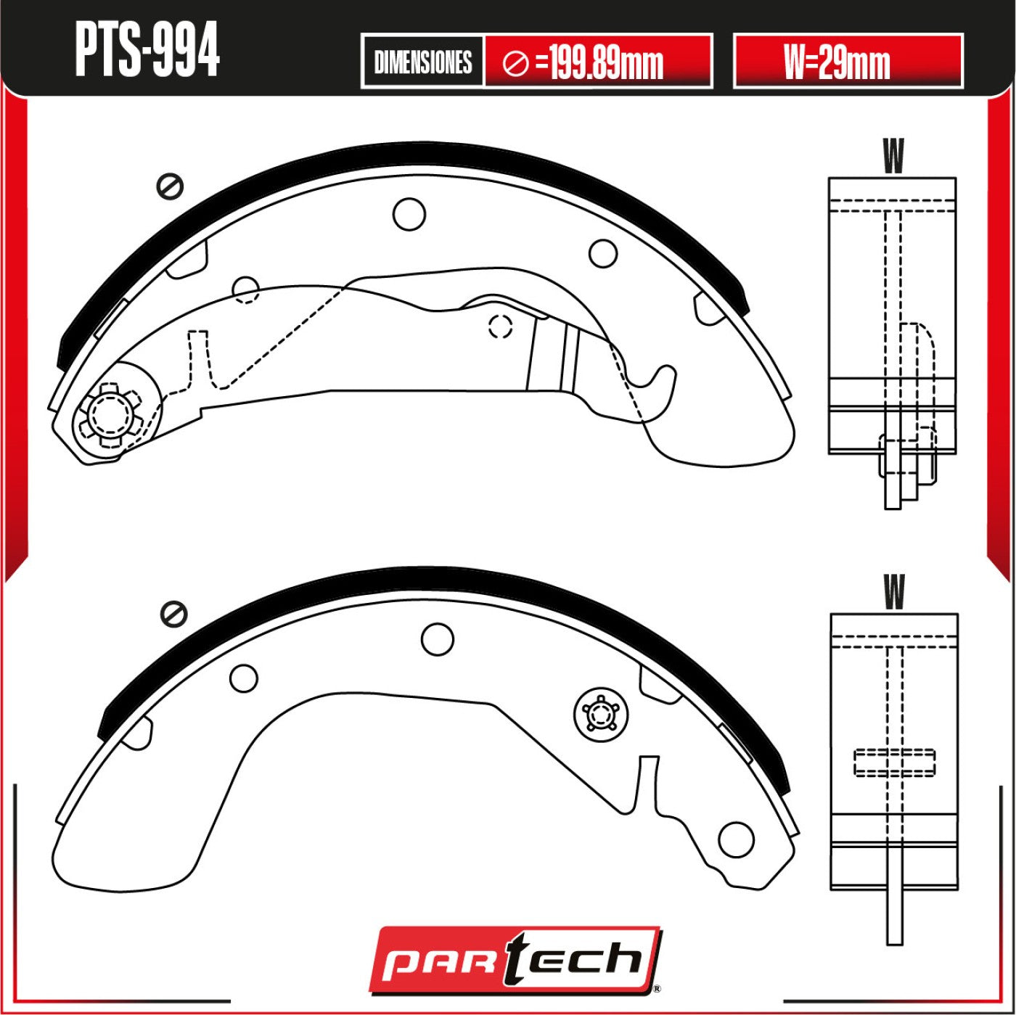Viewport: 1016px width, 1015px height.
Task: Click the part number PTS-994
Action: (147, 51)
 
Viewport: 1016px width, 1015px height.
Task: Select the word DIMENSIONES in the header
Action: (423, 62)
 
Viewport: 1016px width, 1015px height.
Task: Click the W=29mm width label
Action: (837, 62)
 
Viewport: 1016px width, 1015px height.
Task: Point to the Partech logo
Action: (516, 960)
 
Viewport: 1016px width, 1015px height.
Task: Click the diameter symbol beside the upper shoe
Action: (170, 186)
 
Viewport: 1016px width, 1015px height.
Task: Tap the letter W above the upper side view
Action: (893, 156)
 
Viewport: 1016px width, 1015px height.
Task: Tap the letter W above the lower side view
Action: (894, 592)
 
